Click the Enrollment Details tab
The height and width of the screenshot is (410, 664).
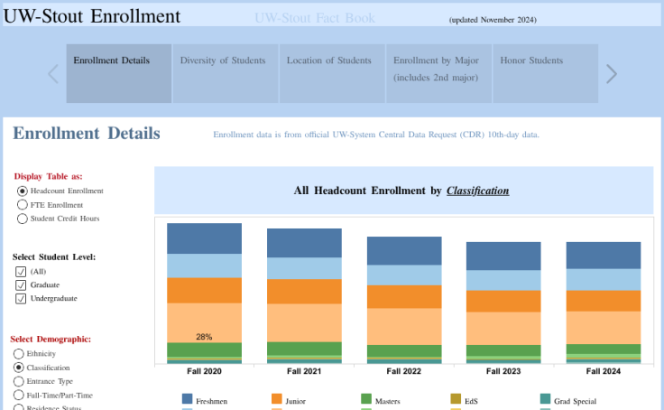click(118, 72)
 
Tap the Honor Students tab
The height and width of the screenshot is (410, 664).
click(544, 72)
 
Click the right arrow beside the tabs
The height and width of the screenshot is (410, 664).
click(612, 74)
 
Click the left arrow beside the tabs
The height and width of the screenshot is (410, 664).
click(52, 74)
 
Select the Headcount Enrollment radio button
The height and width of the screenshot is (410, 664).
click(23, 191)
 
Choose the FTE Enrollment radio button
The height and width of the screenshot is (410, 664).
click(23, 205)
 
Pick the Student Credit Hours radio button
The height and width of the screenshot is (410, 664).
click(23, 219)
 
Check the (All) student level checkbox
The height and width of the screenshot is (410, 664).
click(21, 272)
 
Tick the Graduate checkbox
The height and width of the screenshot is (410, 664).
click(21, 285)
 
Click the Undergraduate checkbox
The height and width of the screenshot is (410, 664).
click(21, 299)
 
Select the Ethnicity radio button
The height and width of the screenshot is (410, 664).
click(19, 354)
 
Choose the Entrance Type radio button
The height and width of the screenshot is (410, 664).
click(19, 382)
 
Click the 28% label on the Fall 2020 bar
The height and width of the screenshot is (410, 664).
click(204, 337)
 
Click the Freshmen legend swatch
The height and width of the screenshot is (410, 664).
click(188, 399)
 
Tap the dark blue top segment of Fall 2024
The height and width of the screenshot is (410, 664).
click(603, 255)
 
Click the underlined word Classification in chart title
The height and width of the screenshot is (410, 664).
click(477, 191)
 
